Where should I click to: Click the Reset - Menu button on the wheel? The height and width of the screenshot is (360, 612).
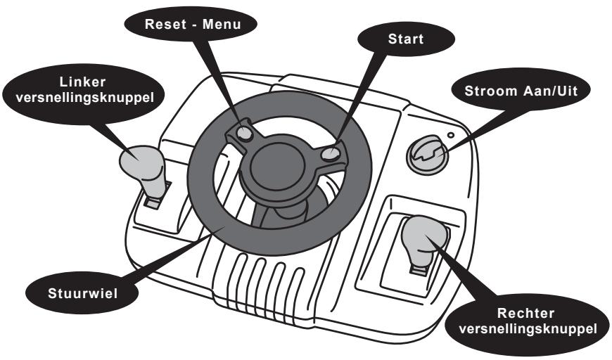(x=243, y=134)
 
